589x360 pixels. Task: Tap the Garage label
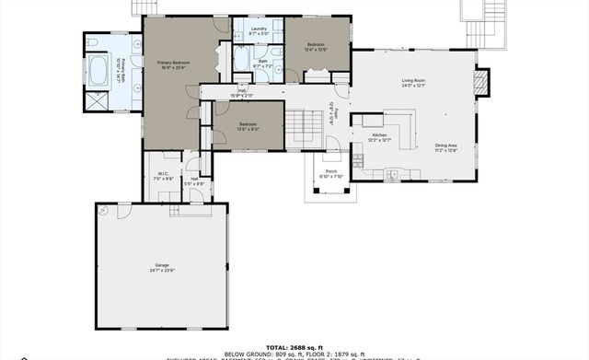[x=162, y=268]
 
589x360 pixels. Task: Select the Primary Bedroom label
[x=168, y=64]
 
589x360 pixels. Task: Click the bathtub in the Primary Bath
[x=99, y=70]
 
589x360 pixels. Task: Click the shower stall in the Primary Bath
[x=95, y=99]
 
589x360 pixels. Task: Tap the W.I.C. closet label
[x=162, y=176]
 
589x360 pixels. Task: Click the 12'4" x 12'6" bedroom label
[x=316, y=47]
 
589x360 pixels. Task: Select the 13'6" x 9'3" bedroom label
[x=248, y=126]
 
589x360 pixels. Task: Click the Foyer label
[x=338, y=112]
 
